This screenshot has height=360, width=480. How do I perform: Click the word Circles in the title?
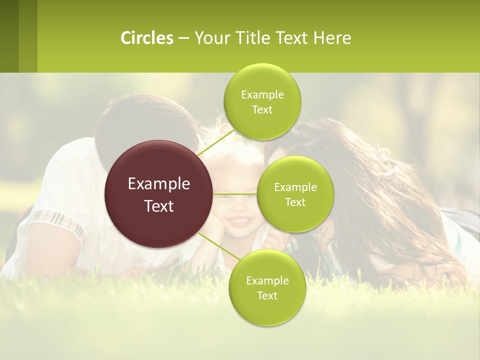pyautogui.click(x=146, y=38)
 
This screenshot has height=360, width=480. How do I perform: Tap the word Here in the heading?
pyautogui.click(x=332, y=38)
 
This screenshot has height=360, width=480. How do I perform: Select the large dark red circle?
pyautogui.click(x=158, y=194)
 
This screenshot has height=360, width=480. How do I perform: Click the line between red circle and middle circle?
pyautogui.click(x=235, y=193)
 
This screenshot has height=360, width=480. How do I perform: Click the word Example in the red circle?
pyautogui.click(x=158, y=184)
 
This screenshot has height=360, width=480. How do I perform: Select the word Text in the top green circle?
pyautogui.click(x=262, y=110)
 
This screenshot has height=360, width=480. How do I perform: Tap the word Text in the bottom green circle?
pyautogui.click(x=267, y=295)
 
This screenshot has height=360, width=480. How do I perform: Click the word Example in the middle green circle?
pyautogui.click(x=295, y=187)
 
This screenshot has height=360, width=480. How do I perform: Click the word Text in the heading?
pyautogui.click(x=291, y=38)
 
